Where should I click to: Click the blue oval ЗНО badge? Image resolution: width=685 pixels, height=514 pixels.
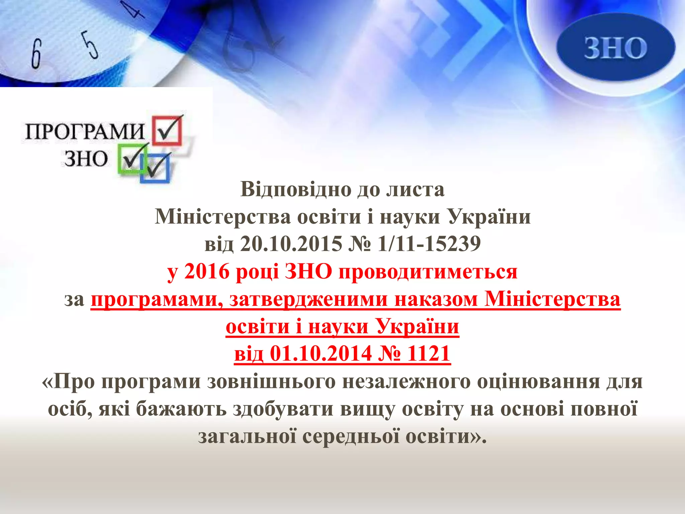(x=615, y=48)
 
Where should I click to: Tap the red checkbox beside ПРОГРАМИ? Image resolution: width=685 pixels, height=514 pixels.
(x=168, y=130)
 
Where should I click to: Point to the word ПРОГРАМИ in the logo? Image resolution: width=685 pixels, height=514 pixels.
(x=85, y=131)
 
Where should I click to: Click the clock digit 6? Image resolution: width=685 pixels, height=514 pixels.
(x=36, y=54)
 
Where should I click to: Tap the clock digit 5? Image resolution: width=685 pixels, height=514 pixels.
(x=91, y=45)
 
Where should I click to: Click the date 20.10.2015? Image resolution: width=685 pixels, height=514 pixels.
(x=291, y=244)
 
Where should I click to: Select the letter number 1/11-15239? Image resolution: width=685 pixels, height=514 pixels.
(x=429, y=244)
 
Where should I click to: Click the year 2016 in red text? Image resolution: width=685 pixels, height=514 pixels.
(x=207, y=271)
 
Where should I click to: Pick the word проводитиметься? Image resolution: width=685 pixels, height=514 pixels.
(x=428, y=272)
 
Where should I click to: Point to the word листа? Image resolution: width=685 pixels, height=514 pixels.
(x=415, y=189)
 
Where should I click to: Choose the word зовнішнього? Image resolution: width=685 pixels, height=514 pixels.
(x=271, y=381)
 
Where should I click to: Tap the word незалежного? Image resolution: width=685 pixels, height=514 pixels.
(x=406, y=381)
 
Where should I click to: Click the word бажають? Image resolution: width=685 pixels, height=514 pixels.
(x=181, y=409)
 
